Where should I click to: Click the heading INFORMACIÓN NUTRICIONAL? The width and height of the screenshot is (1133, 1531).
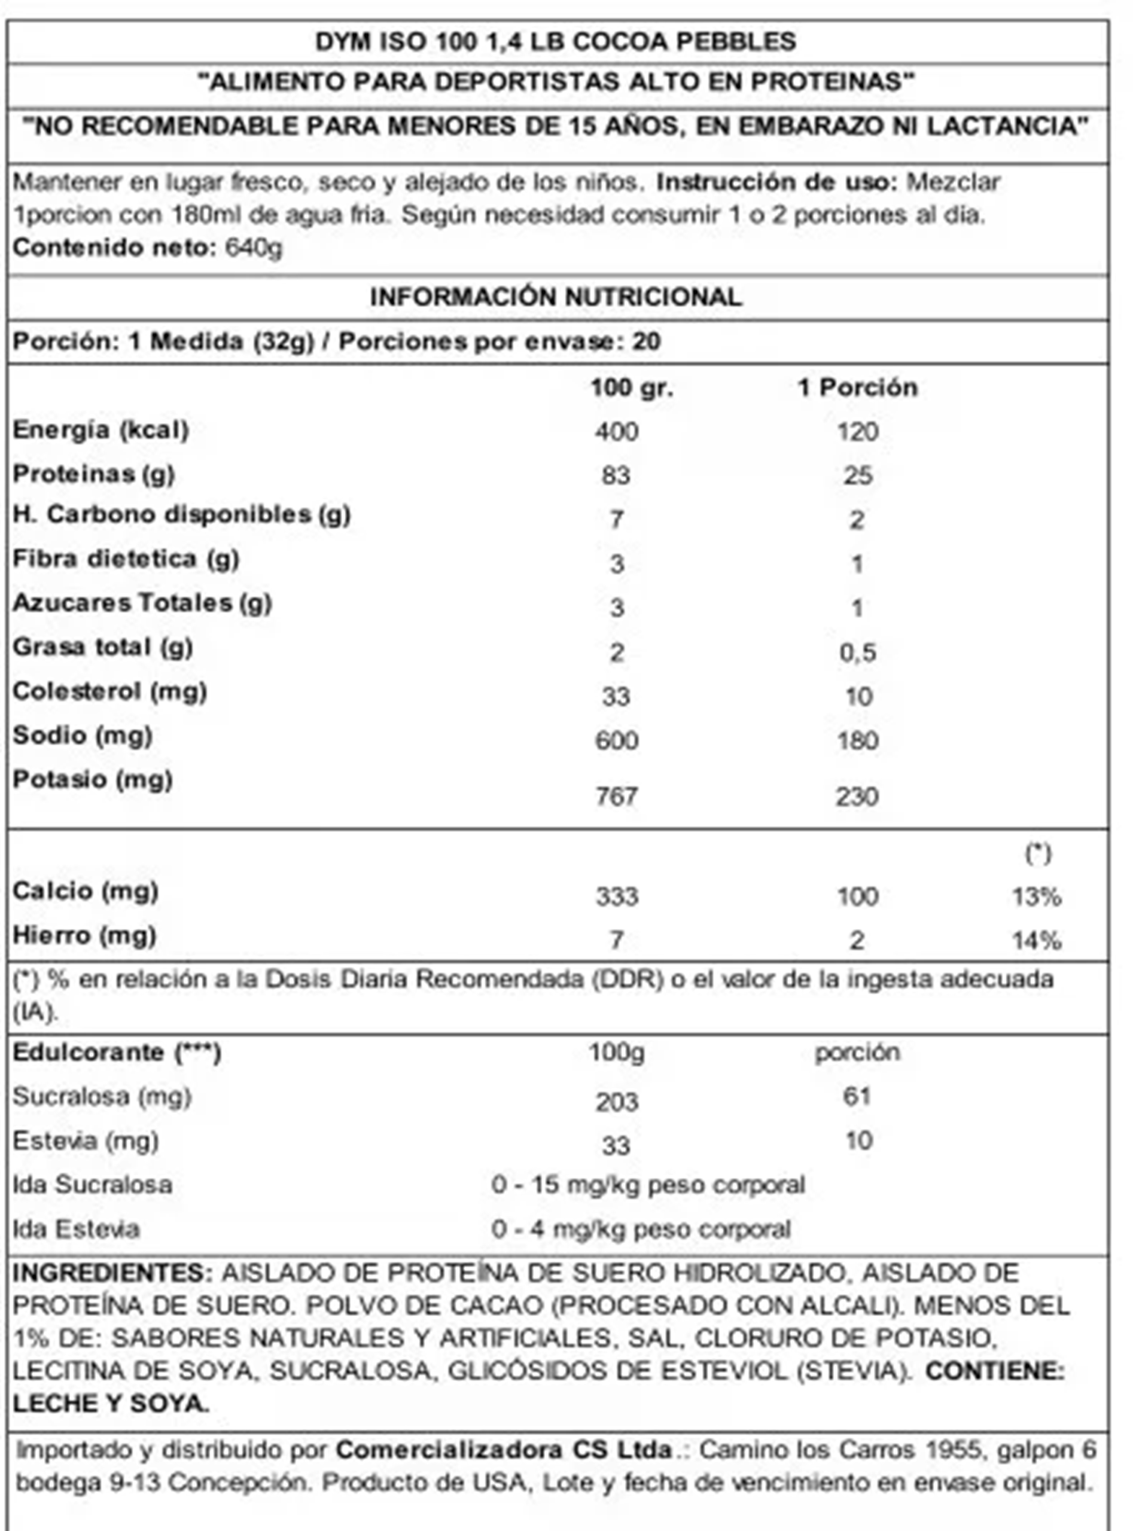click(556, 297)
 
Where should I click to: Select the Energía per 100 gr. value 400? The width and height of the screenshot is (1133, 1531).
click(617, 431)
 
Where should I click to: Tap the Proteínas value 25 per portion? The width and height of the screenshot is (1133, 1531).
click(857, 475)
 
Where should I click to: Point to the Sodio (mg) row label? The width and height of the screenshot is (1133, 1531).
click(83, 736)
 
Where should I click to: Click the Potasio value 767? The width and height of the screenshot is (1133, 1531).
click(617, 796)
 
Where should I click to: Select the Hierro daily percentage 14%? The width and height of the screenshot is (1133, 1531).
click(1036, 940)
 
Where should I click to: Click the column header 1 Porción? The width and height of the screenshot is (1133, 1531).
click(857, 388)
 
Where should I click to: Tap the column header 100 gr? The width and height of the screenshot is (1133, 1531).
click(632, 388)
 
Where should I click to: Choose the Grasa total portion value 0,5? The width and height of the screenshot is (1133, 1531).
click(857, 652)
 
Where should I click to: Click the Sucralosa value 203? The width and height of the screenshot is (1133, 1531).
click(617, 1102)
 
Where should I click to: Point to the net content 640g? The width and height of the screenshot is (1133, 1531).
click(253, 248)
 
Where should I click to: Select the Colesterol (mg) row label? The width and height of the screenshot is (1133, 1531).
click(109, 692)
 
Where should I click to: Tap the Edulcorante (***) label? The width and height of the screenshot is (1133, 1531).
click(117, 1053)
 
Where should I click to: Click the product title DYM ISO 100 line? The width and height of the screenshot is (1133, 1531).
click(556, 42)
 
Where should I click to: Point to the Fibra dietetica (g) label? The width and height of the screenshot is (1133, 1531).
click(126, 559)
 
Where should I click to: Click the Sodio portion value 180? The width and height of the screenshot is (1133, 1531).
click(857, 740)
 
